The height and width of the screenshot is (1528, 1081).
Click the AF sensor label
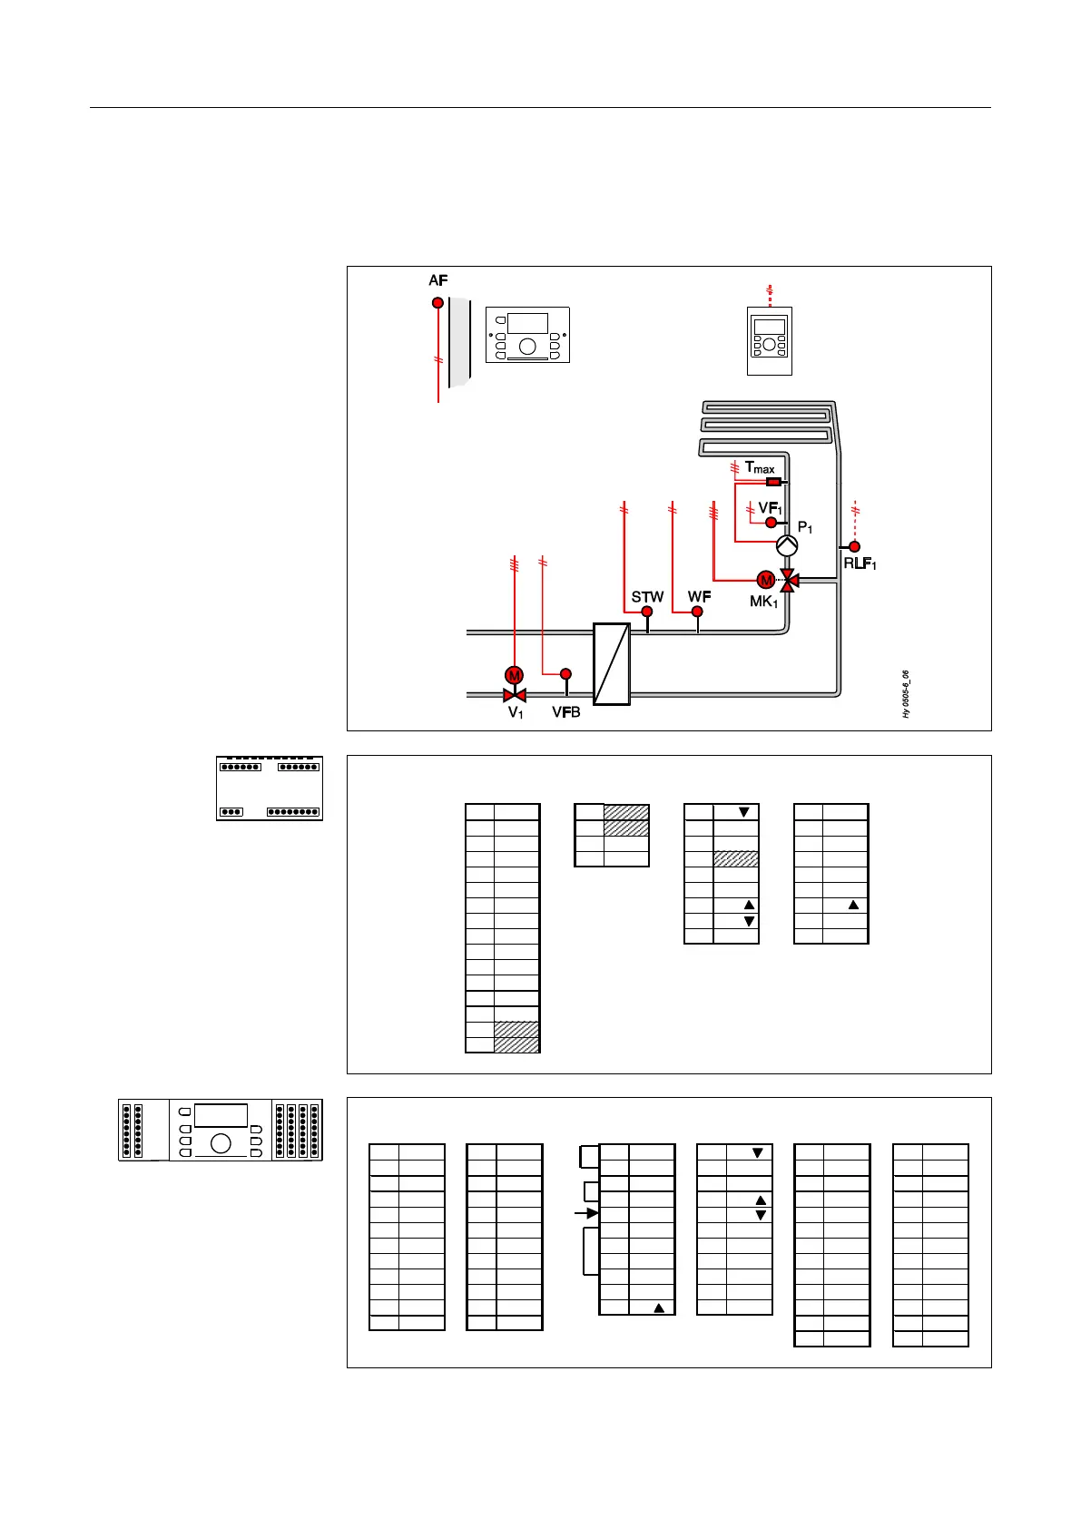[438, 280]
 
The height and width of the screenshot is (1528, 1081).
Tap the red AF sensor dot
[437, 303]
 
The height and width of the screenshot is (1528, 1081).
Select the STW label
[647, 596]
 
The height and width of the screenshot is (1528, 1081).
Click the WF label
[699, 596]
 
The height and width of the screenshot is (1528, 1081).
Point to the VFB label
[566, 712]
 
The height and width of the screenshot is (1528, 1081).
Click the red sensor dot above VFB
[565, 673]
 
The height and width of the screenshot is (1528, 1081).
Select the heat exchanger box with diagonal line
[612, 663]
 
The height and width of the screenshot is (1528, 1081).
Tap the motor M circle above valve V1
[515, 675]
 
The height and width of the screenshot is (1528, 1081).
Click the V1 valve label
[516, 713]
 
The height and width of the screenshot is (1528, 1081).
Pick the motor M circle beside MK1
[765, 580]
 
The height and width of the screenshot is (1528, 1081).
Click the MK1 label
[763, 602]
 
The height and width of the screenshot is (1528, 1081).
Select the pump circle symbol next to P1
[787, 544]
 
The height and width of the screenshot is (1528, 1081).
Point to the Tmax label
[760, 467]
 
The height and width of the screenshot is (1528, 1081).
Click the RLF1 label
[860, 564]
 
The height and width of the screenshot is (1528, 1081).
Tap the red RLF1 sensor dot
[854, 546]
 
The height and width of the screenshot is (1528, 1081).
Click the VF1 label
[770, 508]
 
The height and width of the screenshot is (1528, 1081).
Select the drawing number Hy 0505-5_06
[906, 694]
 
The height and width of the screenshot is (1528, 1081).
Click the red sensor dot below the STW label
[647, 612]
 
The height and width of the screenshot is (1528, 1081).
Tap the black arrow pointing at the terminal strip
[587, 1213]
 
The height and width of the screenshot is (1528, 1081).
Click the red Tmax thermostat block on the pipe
[774, 482]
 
